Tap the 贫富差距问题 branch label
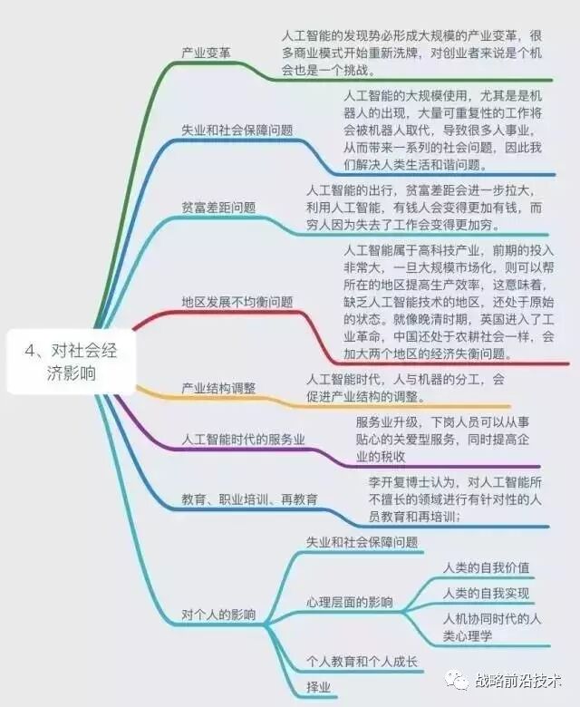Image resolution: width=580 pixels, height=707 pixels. coord(218,207)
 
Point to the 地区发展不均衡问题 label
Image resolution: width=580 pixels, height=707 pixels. coord(237,301)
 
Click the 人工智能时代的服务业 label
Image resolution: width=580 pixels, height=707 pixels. coord(243,440)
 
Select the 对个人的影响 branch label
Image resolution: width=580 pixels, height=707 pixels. coord(218,615)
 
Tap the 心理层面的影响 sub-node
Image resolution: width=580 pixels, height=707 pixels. coord(349,602)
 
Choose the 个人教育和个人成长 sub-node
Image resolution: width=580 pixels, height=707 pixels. coord(362,662)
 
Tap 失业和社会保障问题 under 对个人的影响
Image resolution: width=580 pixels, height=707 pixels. coord(362,542)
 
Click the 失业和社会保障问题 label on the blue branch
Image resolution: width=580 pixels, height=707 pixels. coord(237,130)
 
